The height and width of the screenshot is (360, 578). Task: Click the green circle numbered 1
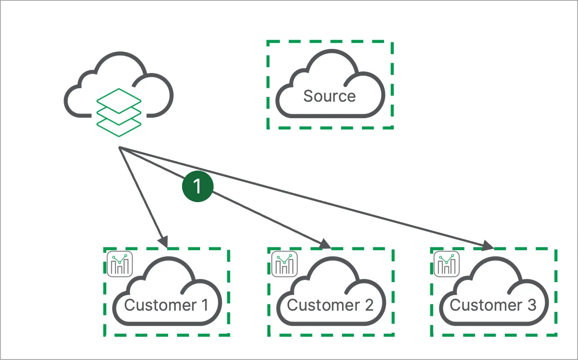[x=198, y=187]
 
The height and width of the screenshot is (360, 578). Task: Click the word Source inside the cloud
[x=329, y=96]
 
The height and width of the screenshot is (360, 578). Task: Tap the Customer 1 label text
[x=166, y=305]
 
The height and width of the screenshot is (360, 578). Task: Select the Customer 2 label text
[x=330, y=305]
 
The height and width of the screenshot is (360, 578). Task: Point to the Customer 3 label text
[x=493, y=305]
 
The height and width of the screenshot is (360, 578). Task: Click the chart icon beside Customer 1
[x=120, y=264]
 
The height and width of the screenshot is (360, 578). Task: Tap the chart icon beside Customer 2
[x=284, y=264]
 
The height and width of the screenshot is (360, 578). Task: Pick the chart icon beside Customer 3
[x=447, y=264]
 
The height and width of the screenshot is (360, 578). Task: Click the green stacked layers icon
[x=119, y=112]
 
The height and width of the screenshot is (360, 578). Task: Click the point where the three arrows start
[x=119, y=148]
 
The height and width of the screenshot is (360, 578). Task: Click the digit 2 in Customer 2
[x=369, y=305]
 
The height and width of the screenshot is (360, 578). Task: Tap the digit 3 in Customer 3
[x=532, y=305]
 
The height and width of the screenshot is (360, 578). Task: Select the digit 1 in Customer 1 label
[x=204, y=305]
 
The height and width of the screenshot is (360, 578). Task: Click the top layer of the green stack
[x=119, y=99]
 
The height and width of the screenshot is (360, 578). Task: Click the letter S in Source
[x=308, y=96]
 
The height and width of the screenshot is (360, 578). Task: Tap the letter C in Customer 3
[x=455, y=305]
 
